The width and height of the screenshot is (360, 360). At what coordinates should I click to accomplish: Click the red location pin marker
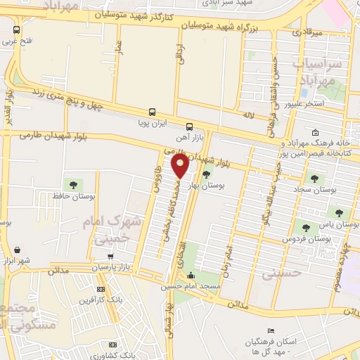181,167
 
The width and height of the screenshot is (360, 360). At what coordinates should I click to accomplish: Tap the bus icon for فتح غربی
16,30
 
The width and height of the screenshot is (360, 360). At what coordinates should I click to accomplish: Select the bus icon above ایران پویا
152,112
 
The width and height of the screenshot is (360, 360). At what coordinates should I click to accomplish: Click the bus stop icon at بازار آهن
188,127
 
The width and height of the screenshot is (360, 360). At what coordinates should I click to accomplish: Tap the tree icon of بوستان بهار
206,175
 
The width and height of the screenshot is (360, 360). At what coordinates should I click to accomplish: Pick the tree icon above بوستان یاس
339,212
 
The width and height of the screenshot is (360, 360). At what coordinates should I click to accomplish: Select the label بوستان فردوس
307,239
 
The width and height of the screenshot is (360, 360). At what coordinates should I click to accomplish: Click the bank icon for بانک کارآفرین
101,289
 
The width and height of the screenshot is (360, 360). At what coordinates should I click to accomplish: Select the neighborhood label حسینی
281,274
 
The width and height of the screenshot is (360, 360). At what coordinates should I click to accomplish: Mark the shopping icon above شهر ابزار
16,250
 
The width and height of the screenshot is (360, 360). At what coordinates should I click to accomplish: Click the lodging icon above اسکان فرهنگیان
271,331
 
